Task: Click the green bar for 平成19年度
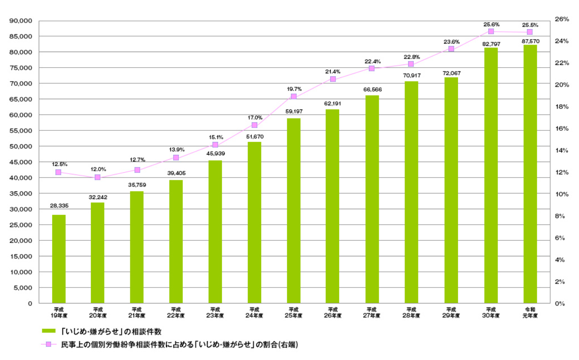[59, 259]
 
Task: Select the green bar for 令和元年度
[530, 174]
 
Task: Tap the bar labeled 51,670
[254, 222]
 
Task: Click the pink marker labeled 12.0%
[97, 177]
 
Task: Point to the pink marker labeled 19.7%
[293, 97]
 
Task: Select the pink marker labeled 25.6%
[491, 32]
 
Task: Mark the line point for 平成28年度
[410, 64]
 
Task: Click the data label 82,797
[490, 43]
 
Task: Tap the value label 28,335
[59, 206]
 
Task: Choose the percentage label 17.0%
[255, 117]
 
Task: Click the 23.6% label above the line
[451, 41]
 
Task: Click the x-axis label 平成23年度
[215, 312]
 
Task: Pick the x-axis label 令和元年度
[530, 312]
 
